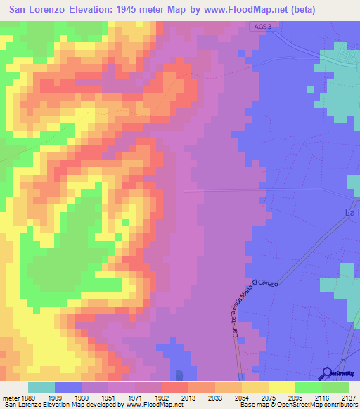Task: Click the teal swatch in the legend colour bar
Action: [x=41, y=387]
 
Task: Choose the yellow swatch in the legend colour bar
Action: [x=281, y=387]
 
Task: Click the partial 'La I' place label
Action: [x=352, y=211]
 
